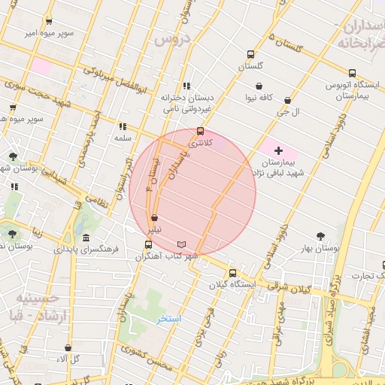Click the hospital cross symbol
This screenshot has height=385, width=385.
tap(279, 151)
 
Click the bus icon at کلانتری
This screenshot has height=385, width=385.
tap(199, 131)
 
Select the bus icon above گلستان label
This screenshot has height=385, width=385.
tap(250, 54)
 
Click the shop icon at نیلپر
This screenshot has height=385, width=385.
tap(154, 218)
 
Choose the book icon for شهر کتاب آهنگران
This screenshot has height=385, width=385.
tap(180, 244)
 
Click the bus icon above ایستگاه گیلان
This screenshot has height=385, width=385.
tap(232, 274)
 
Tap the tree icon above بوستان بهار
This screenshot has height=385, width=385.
tap(321, 236)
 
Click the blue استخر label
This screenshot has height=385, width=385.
tap(169, 319)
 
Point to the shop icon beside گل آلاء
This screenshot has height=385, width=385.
tap(68, 348)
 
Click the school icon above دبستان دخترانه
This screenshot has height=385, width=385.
tap(186, 86)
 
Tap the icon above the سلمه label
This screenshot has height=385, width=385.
tap(123, 126)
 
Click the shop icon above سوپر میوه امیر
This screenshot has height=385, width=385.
tap(49, 21)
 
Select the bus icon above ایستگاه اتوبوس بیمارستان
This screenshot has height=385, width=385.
tap(350, 74)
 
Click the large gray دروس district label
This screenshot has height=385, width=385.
tap(170, 40)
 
